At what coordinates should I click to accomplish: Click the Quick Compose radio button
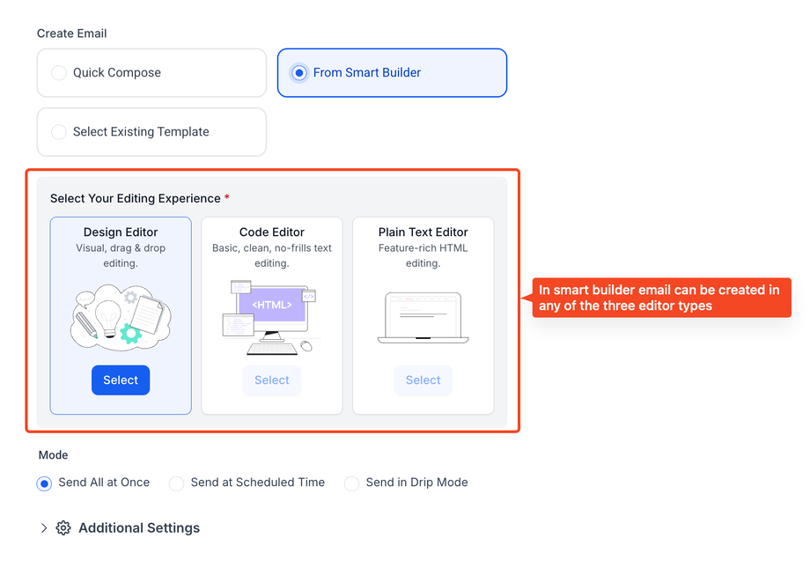coord(59,73)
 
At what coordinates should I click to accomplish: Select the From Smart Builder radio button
coord(299,73)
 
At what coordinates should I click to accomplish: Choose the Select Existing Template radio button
coord(59,132)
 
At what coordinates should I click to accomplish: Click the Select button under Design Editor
coord(121,380)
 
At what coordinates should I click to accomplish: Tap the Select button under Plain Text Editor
coord(423,380)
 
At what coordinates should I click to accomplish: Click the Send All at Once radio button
coord(44,483)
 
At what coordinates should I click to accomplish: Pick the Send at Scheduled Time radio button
coord(176,483)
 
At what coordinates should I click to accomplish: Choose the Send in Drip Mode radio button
coord(352,483)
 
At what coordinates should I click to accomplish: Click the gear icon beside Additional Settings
coord(63,528)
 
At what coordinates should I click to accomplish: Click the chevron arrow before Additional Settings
coord(44,528)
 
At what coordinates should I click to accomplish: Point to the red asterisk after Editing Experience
coord(227,197)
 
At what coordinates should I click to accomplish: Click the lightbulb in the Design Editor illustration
coord(108,318)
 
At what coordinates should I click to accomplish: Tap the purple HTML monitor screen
coord(272,305)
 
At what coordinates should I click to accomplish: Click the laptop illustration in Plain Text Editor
coord(423,318)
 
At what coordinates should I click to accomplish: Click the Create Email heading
coord(72,33)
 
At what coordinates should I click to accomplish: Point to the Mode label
coord(53,455)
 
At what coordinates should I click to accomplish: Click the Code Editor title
coord(272,232)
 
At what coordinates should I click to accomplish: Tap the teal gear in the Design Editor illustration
coord(131,333)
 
